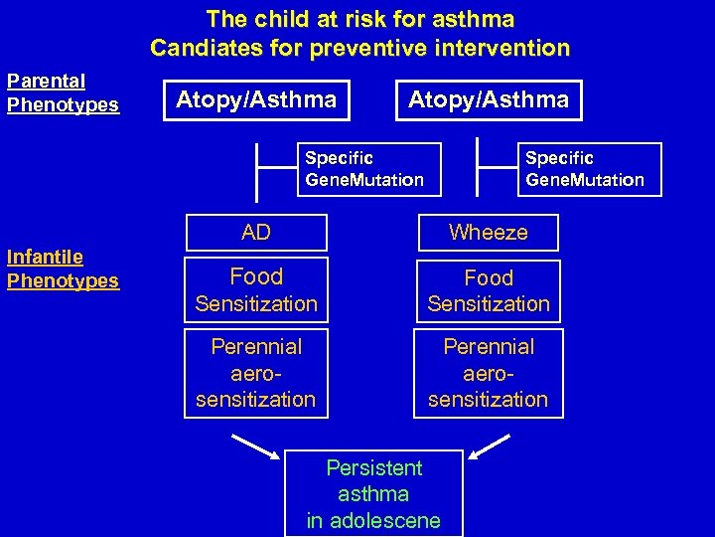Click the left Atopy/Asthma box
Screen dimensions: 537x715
click(x=256, y=99)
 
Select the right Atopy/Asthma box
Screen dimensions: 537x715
click(x=489, y=99)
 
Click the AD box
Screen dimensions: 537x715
click(x=256, y=233)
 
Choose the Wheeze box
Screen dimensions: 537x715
click(x=489, y=233)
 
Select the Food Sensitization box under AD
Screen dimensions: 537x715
click(x=256, y=289)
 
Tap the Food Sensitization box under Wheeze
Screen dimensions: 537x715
click(x=489, y=290)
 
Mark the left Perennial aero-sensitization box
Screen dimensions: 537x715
click(x=256, y=373)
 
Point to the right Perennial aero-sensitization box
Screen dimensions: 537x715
click(x=489, y=373)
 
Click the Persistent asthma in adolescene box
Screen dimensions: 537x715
click(x=373, y=494)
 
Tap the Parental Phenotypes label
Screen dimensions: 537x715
click(x=63, y=92)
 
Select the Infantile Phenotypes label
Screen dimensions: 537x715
click(x=63, y=268)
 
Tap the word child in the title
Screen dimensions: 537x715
click(x=279, y=18)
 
